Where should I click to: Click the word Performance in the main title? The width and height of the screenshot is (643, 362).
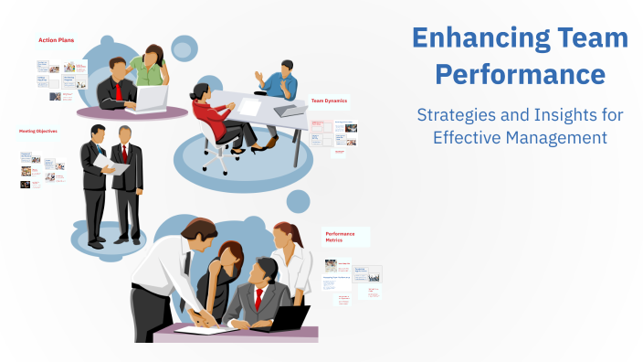(520, 73)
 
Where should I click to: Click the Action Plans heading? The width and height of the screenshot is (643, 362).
(56, 39)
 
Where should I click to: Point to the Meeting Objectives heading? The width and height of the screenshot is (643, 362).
(38, 131)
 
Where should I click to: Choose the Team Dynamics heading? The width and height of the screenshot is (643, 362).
(329, 101)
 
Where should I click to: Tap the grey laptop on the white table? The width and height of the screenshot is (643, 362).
(290, 110)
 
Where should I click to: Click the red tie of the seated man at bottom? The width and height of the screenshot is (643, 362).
(259, 298)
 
